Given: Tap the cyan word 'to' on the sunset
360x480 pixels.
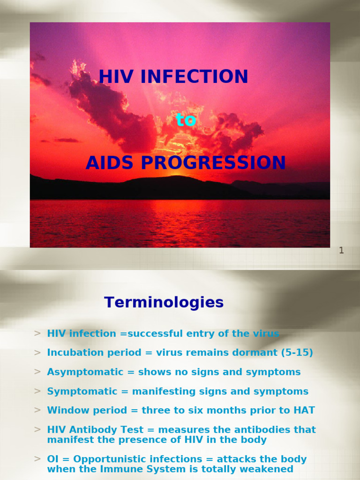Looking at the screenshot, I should [x=186, y=120].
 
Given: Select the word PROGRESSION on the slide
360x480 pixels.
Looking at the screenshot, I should [x=213, y=163].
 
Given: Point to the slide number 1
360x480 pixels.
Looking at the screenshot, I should [x=341, y=250].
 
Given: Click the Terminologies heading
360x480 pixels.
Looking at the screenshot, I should [x=164, y=303].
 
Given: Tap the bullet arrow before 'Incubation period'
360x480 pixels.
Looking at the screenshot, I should [x=37, y=352].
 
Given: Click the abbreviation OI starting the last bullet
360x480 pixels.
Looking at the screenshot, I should [x=52, y=459].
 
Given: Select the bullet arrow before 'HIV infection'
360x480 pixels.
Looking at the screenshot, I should [x=37, y=334].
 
